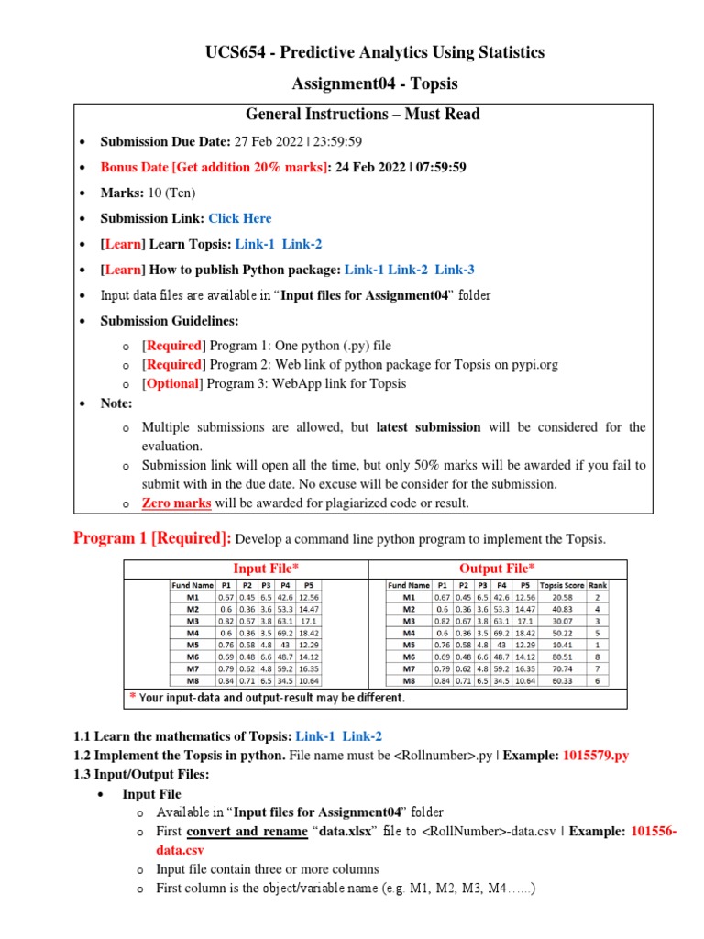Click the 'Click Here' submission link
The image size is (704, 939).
tap(239, 218)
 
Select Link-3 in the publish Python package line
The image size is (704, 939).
tap(455, 270)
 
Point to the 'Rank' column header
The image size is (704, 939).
tap(597, 585)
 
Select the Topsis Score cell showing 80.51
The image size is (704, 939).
tap(562, 657)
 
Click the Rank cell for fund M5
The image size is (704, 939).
tap(597, 645)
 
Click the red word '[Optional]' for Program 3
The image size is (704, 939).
tap(170, 383)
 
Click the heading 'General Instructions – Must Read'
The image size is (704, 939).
tap(363, 115)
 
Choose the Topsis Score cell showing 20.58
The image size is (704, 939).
tap(562, 597)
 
